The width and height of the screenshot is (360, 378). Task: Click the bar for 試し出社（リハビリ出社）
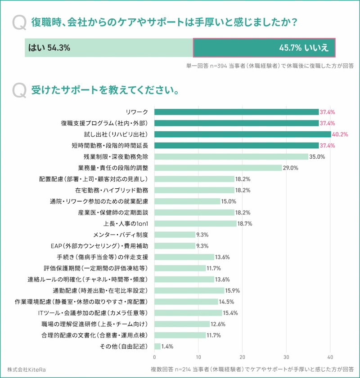[x=243, y=134]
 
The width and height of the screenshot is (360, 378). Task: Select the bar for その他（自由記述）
[x=157, y=346]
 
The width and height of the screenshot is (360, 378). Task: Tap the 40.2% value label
[x=340, y=134]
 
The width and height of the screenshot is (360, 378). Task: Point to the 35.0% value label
[x=317, y=157]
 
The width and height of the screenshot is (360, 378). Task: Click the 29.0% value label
[x=291, y=168]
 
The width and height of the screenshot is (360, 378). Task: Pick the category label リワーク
[x=138, y=112]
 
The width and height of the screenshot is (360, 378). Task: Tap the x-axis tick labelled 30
[x=286, y=358]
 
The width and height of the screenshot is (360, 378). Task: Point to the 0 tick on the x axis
[x=154, y=358]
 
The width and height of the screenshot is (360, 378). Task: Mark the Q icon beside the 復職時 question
[x=19, y=22]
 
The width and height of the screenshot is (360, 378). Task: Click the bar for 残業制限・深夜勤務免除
[x=231, y=157]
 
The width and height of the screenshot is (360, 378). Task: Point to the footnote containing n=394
[x=270, y=65]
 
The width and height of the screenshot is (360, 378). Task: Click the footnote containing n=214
[x=252, y=369]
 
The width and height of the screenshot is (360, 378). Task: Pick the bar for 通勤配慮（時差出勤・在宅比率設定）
[x=189, y=290]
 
